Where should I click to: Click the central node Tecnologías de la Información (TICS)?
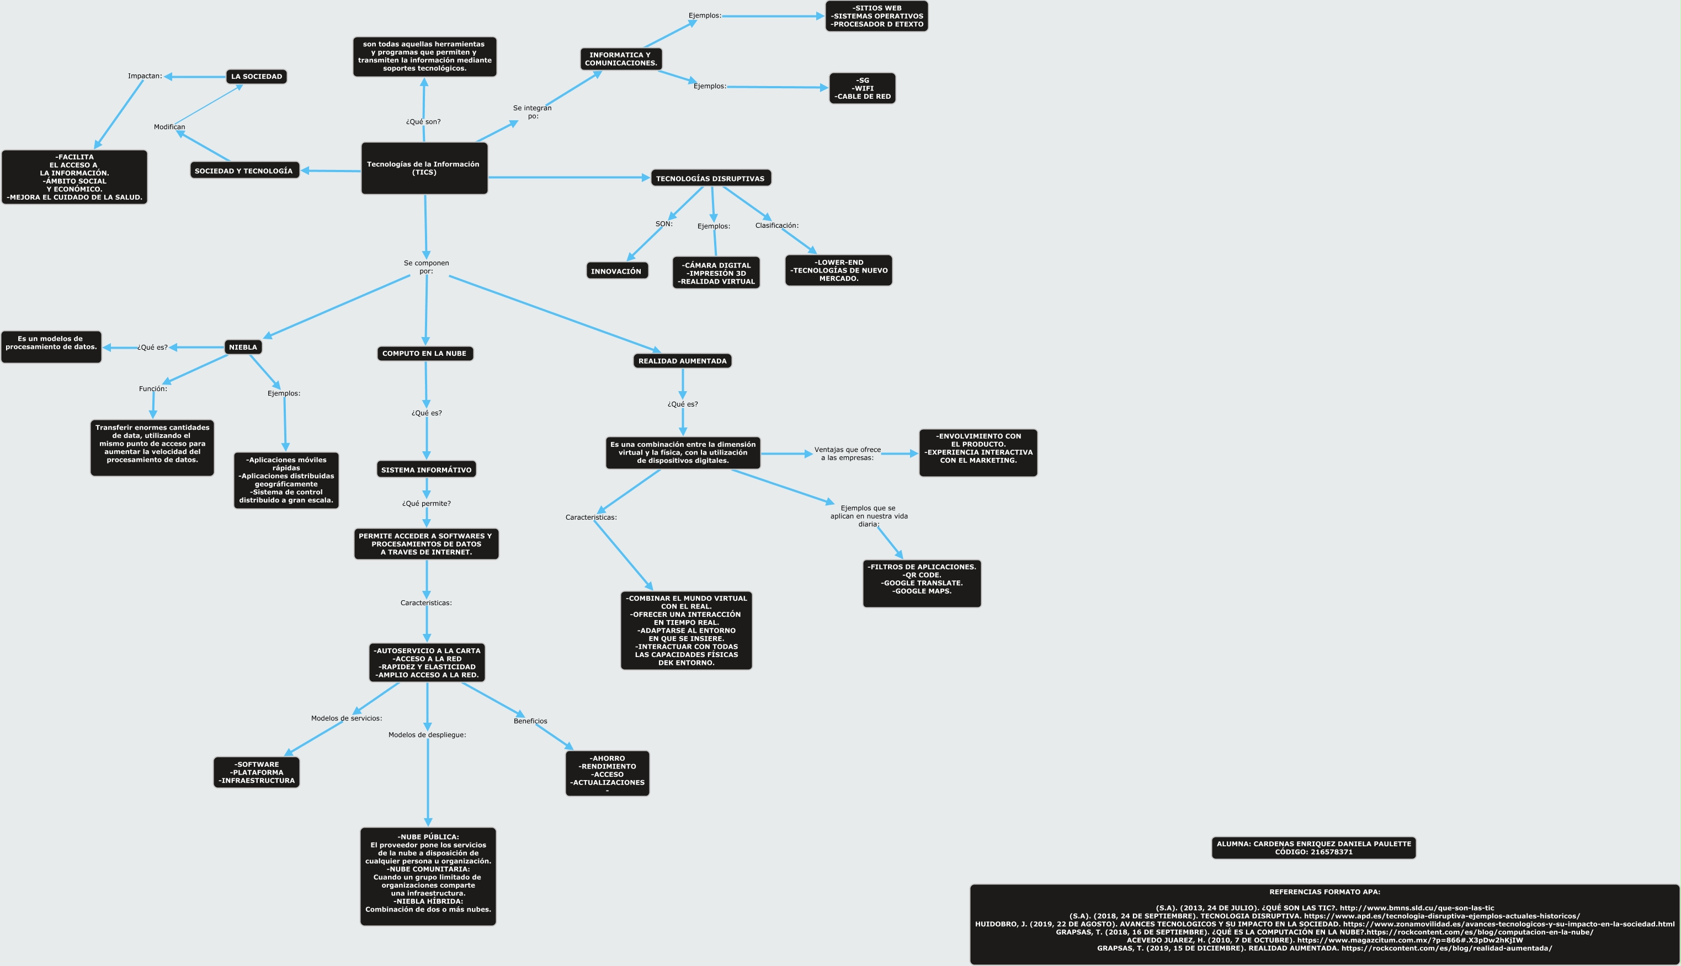pyautogui.click(x=424, y=168)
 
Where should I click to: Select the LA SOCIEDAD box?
pyautogui.click(x=256, y=76)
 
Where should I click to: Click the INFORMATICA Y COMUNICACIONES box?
pyautogui.click(x=620, y=59)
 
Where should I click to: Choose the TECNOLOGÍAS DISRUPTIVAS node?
pyautogui.click(x=710, y=178)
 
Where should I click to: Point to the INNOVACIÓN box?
pyautogui.click(x=616, y=271)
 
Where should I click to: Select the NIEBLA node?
pyautogui.click(x=243, y=347)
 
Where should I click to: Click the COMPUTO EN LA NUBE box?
pyautogui.click(x=425, y=354)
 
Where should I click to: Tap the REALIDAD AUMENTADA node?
pyautogui.click(x=682, y=361)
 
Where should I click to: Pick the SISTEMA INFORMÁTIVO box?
pyautogui.click(x=426, y=469)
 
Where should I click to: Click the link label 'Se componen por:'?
pyautogui.click(x=426, y=266)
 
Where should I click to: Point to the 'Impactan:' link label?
pyautogui.click(x=145, y=76)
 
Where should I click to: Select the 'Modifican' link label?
pyautogui.click(x=169, y=127)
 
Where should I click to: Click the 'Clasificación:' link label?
pyautogui.click(x=776, y=226)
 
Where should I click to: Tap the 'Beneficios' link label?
pyautogui.click(x=530, y=721)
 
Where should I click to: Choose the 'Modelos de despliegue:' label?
pyautogui.click(x=427, y=734)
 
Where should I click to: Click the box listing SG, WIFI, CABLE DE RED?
pyautogui.click(x=862, y=88)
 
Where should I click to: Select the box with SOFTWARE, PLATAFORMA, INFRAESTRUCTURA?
pyautogui.click(x=257, y=772)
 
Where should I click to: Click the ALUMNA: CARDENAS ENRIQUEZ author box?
pyautogui.click(x=1313, y=848)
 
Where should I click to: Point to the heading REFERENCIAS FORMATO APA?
pyautogui.click(x=1324, y=892)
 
